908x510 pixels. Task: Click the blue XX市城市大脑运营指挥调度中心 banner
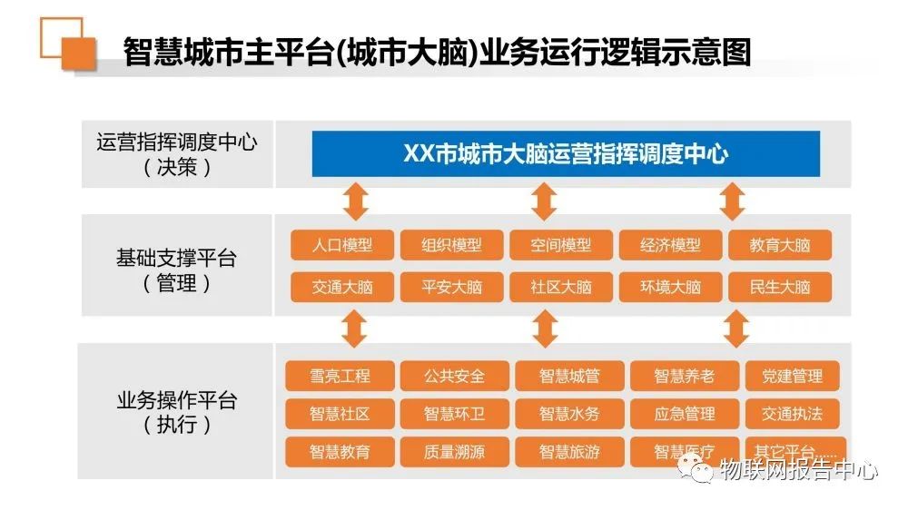566,154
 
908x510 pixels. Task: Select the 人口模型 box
342,245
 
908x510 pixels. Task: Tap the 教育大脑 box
780,245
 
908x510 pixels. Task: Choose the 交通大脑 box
342,287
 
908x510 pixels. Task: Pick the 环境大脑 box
671,287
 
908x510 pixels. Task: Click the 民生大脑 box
780,287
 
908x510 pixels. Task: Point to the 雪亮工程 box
340,377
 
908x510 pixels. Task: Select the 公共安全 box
455,377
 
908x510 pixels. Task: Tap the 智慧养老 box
685,377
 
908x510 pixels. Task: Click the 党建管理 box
792,377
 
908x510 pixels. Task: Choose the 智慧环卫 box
455,414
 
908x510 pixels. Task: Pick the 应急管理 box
685,414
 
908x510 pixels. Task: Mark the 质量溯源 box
455,452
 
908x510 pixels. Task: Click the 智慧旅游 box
570,452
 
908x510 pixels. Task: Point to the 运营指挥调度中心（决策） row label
177,154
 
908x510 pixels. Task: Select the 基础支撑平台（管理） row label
177,270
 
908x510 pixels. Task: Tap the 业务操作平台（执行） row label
177,412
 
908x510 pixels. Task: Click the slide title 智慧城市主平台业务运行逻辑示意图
438,52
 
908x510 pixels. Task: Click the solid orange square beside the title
79,54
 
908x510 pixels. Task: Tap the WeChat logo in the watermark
696,467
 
